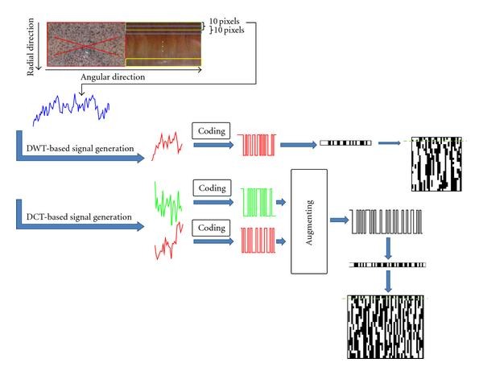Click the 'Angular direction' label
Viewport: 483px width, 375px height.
point(113,78)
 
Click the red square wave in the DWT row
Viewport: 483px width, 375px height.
point(256,143)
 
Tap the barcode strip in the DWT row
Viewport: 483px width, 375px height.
point(345,143)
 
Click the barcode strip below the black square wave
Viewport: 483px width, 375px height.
point(387,264)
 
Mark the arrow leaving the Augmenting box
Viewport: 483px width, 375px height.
point(338,217)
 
